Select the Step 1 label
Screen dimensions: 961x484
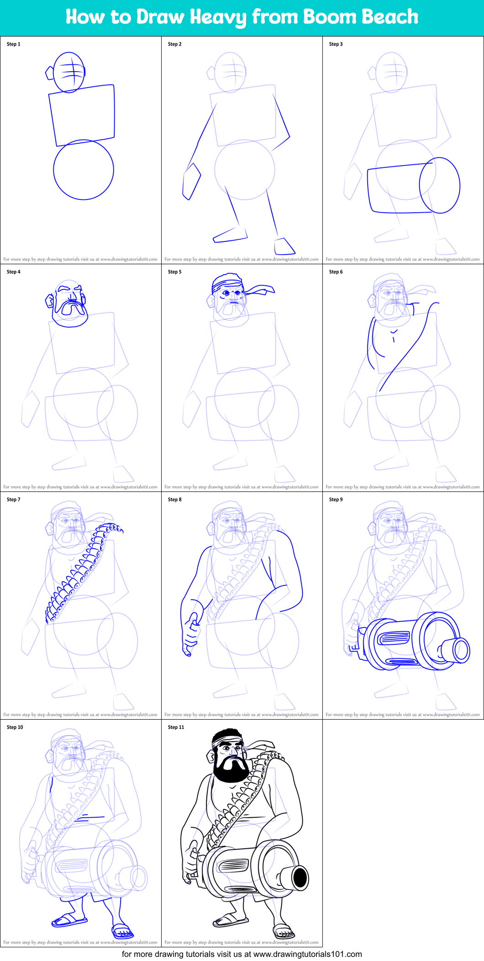click(x=14, y=44)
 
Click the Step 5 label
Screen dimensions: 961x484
click(x=174, y=272)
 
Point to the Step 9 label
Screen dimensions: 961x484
click(x=336, y=500)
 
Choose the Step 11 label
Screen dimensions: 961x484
click(x=176, y=727)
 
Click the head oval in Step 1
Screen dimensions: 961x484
click(x=69, y=72)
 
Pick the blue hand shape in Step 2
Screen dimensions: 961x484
click(x=191, y=181)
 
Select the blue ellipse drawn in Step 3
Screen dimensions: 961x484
click(x=440, y=185)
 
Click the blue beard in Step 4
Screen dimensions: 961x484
click(x=70, y=315)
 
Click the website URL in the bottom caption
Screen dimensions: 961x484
click(x=307, y=954)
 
